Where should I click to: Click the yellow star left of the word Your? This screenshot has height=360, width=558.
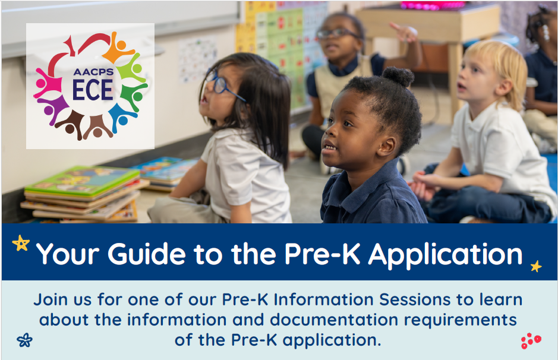21,243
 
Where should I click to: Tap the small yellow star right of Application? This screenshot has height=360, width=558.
535,266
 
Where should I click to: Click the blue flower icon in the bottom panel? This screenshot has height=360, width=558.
24,340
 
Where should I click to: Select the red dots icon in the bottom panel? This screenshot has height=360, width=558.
530,340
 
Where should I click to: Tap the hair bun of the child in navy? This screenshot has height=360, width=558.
398,77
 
